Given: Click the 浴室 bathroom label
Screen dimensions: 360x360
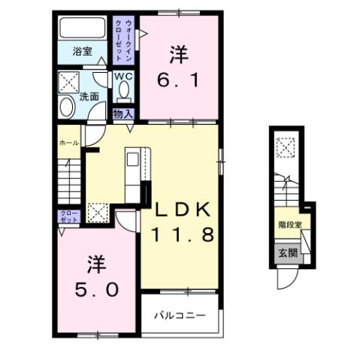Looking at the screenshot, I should coord(82,51).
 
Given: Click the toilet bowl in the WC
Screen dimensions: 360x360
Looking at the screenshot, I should coord(123,91).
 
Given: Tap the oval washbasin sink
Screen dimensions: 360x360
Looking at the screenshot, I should coord(66,108).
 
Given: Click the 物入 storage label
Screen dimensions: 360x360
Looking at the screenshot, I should coord(123,113).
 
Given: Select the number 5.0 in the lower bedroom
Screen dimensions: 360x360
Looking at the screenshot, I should coord(96,289).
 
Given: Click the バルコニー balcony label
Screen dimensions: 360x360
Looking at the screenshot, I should coord(180,315).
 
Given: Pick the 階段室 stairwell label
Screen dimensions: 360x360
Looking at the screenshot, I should coord(289,224).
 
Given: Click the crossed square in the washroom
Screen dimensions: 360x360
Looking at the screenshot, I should coord(70,80).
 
